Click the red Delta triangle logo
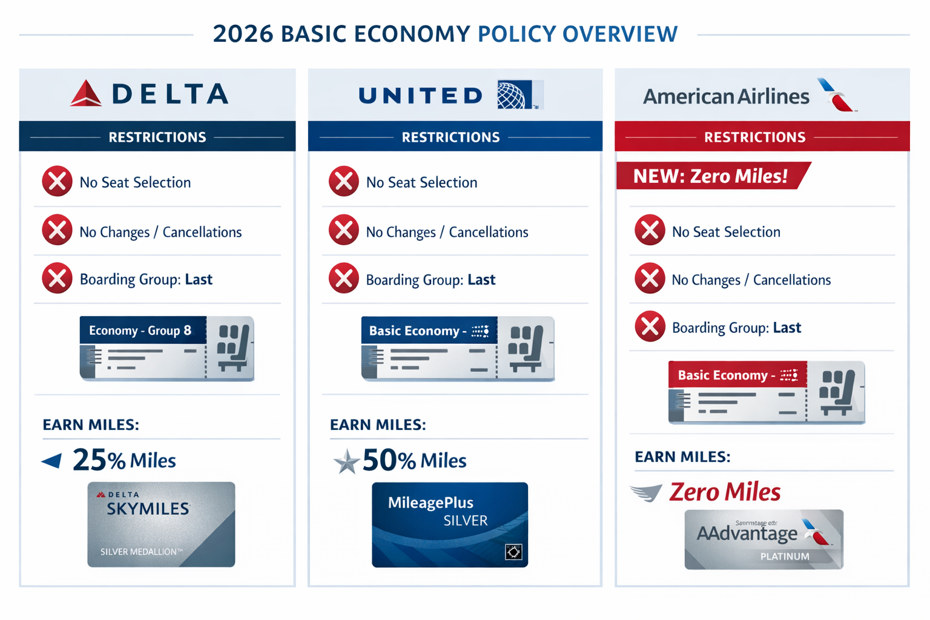(86, 94)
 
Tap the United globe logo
(512, 95)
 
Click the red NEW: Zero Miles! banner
(711, 176)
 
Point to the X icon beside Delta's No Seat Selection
(57, 182)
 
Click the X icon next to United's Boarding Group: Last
(344, 279)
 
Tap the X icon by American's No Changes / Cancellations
(650, 279)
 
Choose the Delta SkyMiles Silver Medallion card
(161, 524)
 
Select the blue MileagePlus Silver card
(450, 524)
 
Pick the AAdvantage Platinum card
(763, 539)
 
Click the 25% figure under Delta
(99, 460)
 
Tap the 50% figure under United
(389, 460)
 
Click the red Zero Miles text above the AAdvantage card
(725, 492)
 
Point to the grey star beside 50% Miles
(347, 461)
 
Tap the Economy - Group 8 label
(140, 331)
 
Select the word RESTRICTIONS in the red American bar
(754, 137)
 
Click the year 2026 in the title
(243, 34)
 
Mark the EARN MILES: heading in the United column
(378, 424)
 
